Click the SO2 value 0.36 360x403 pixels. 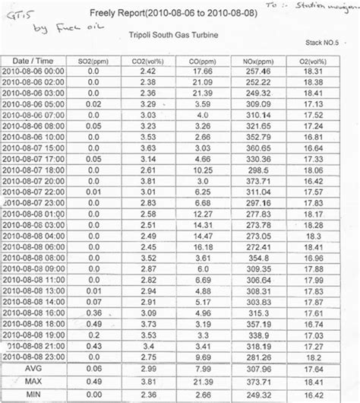tap(93, 313)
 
